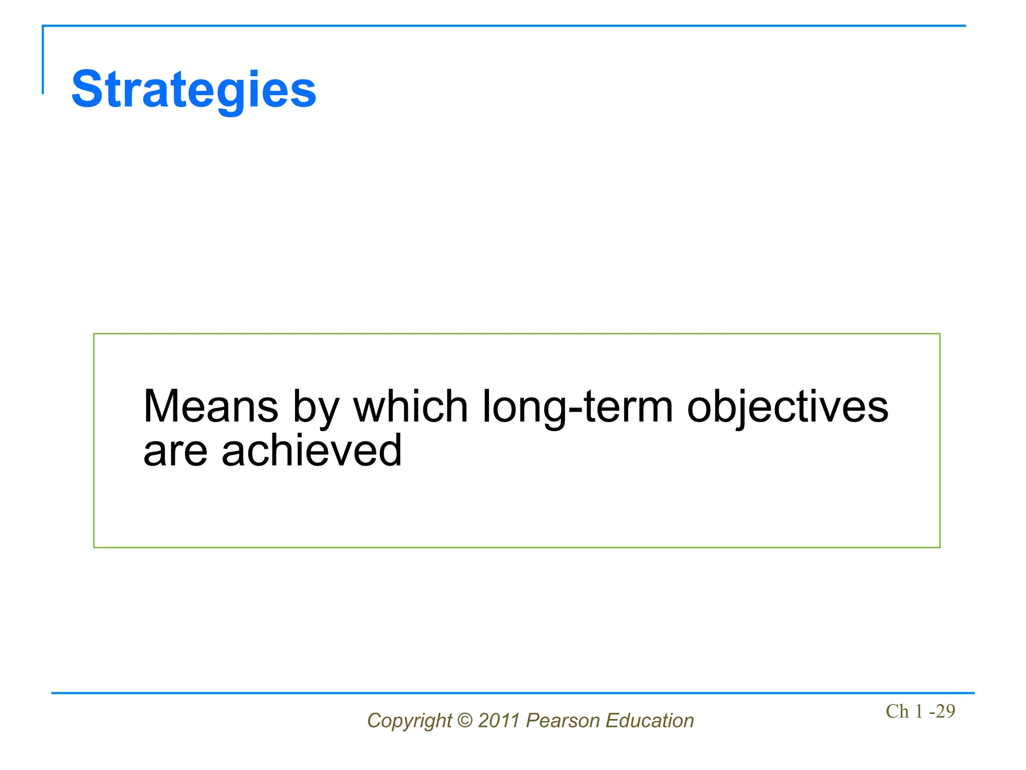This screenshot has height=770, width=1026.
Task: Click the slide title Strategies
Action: pos(194,90)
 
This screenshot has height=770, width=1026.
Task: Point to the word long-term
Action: pos(578,407)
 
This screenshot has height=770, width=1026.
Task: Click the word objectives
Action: pos(788,407)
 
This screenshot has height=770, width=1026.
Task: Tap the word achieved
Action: pos(312,450)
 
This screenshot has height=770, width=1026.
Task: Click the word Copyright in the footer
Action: pos(409,721)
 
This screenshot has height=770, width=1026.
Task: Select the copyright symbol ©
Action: pos(465,720)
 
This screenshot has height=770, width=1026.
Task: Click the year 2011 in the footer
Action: pos(499,720)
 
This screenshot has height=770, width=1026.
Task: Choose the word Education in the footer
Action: pos(650,720)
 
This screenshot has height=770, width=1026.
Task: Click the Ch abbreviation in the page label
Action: pos(897,711)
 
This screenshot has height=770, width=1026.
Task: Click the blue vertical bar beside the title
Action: pos(43,60)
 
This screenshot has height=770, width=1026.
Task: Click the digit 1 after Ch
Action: pos(919,711)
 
